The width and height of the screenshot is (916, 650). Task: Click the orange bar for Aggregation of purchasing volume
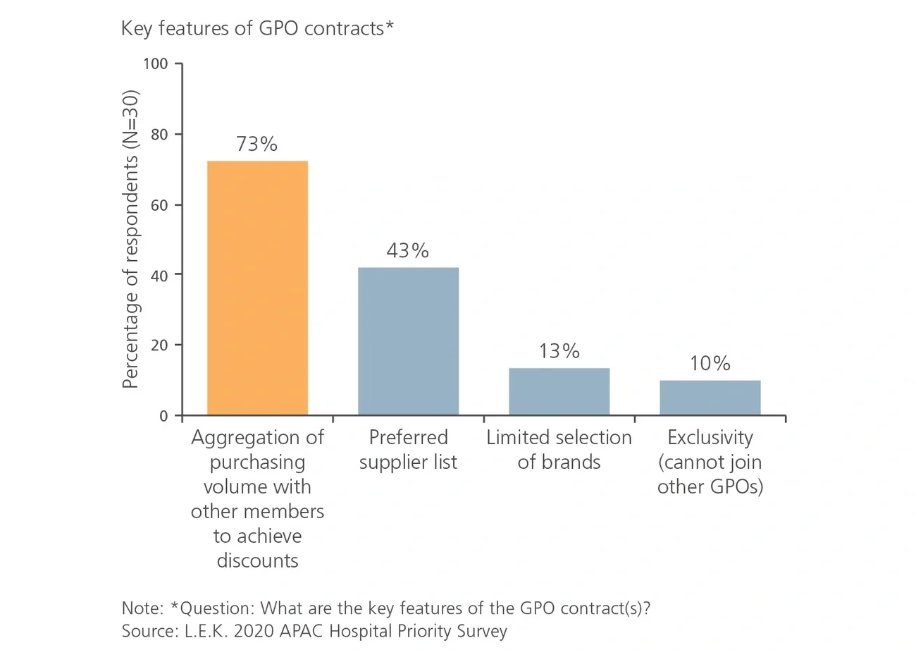pyautogui.click(x=257, y=288)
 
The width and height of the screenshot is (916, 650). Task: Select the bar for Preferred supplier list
pyautogui.click(x=408, y=341)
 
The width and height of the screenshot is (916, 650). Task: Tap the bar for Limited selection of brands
pyautogui.click(x=559, y=391)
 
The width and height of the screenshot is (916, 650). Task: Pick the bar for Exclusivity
pyautogui.click(x=710, y=398)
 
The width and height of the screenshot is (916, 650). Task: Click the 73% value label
pyautogui.click(x=257, y=144)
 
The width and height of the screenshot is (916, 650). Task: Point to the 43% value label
pyautogui.click(x=408, y=250)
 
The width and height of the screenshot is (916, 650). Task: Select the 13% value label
pyautogui.click(x=559, y=351)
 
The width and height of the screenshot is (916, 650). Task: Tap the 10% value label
pyautogui.click(x=710, y=364)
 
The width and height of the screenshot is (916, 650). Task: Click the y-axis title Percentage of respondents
pyautogui.click(x=130, y=240)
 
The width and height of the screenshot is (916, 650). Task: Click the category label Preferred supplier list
pyautogui.click(x=408, y=450)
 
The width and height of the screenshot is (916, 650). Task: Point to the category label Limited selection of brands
pyautogui.click(x=559, y=450)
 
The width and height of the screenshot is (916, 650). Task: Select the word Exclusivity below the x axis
pyautogui.click(x=710, y=438)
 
